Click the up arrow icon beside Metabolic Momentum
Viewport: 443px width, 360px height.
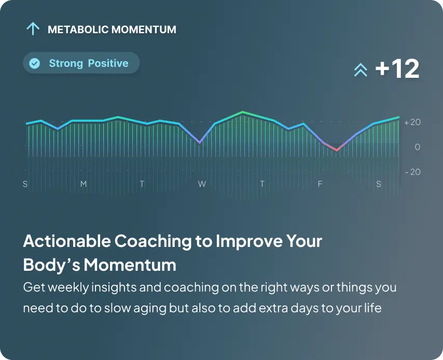click(33, 29)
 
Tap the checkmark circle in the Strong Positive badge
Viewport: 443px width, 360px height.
click(35, 63)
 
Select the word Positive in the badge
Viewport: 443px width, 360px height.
click(108, 63)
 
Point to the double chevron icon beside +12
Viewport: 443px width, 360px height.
click(361, 70)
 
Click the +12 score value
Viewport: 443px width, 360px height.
click(397, 68)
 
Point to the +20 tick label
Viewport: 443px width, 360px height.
click(412, 122)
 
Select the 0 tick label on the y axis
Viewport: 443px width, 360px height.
click(417, 147)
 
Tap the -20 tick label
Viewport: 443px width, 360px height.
click(413, 172)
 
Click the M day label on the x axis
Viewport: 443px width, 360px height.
click(84, 184)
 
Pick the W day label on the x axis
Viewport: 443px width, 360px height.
click(202, 184)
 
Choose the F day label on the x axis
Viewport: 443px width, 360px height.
click(320, 184)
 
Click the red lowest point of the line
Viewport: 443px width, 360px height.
click(337, 150)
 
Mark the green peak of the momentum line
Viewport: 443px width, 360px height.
click(242, 113)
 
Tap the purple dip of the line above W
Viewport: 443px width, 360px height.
click(200, 142)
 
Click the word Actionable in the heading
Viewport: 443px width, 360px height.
click(67, 241)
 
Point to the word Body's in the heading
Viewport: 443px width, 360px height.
click(51, 265)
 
